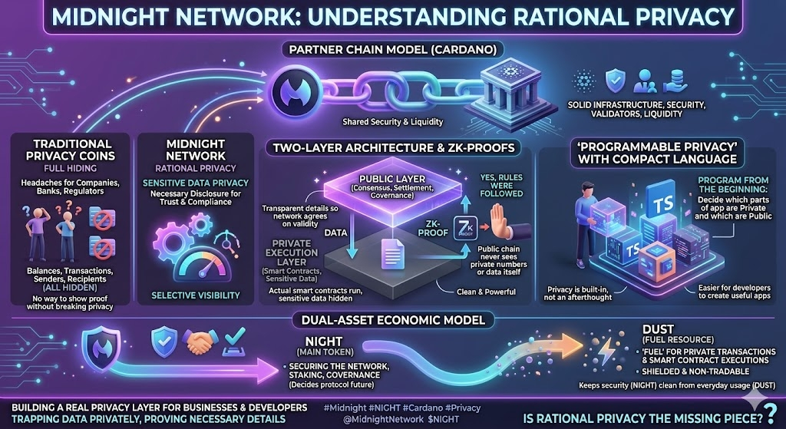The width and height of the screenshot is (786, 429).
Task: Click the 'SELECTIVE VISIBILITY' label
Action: point(195,295)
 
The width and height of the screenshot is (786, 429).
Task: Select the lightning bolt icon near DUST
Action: point(603,352)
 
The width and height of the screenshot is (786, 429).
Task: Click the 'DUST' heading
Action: point(658,330)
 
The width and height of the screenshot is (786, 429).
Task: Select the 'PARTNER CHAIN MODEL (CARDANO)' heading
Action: point(392,51)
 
